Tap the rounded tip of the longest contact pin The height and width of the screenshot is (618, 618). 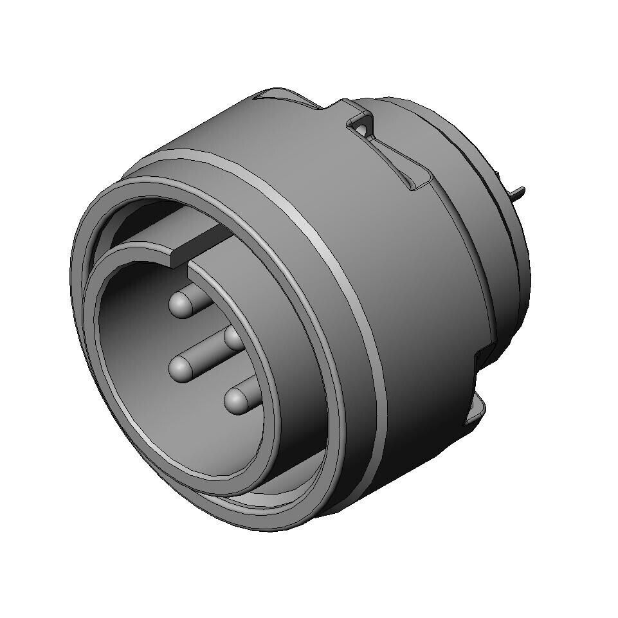pos(181,368)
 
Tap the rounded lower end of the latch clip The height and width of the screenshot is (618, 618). pos(415,185)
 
